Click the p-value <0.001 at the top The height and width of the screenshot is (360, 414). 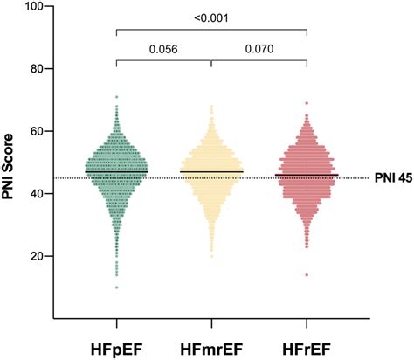click(x=211, y=16)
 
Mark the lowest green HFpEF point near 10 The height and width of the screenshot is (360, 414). click(x=116, y=287)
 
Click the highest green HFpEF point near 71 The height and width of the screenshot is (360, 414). click(x=116, y=97)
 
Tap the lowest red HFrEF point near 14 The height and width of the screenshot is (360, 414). click(x=307, y=275)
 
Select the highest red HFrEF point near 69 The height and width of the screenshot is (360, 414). click(x=307, y=103)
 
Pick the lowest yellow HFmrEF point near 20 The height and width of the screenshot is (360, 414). click(x=211, y=256)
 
